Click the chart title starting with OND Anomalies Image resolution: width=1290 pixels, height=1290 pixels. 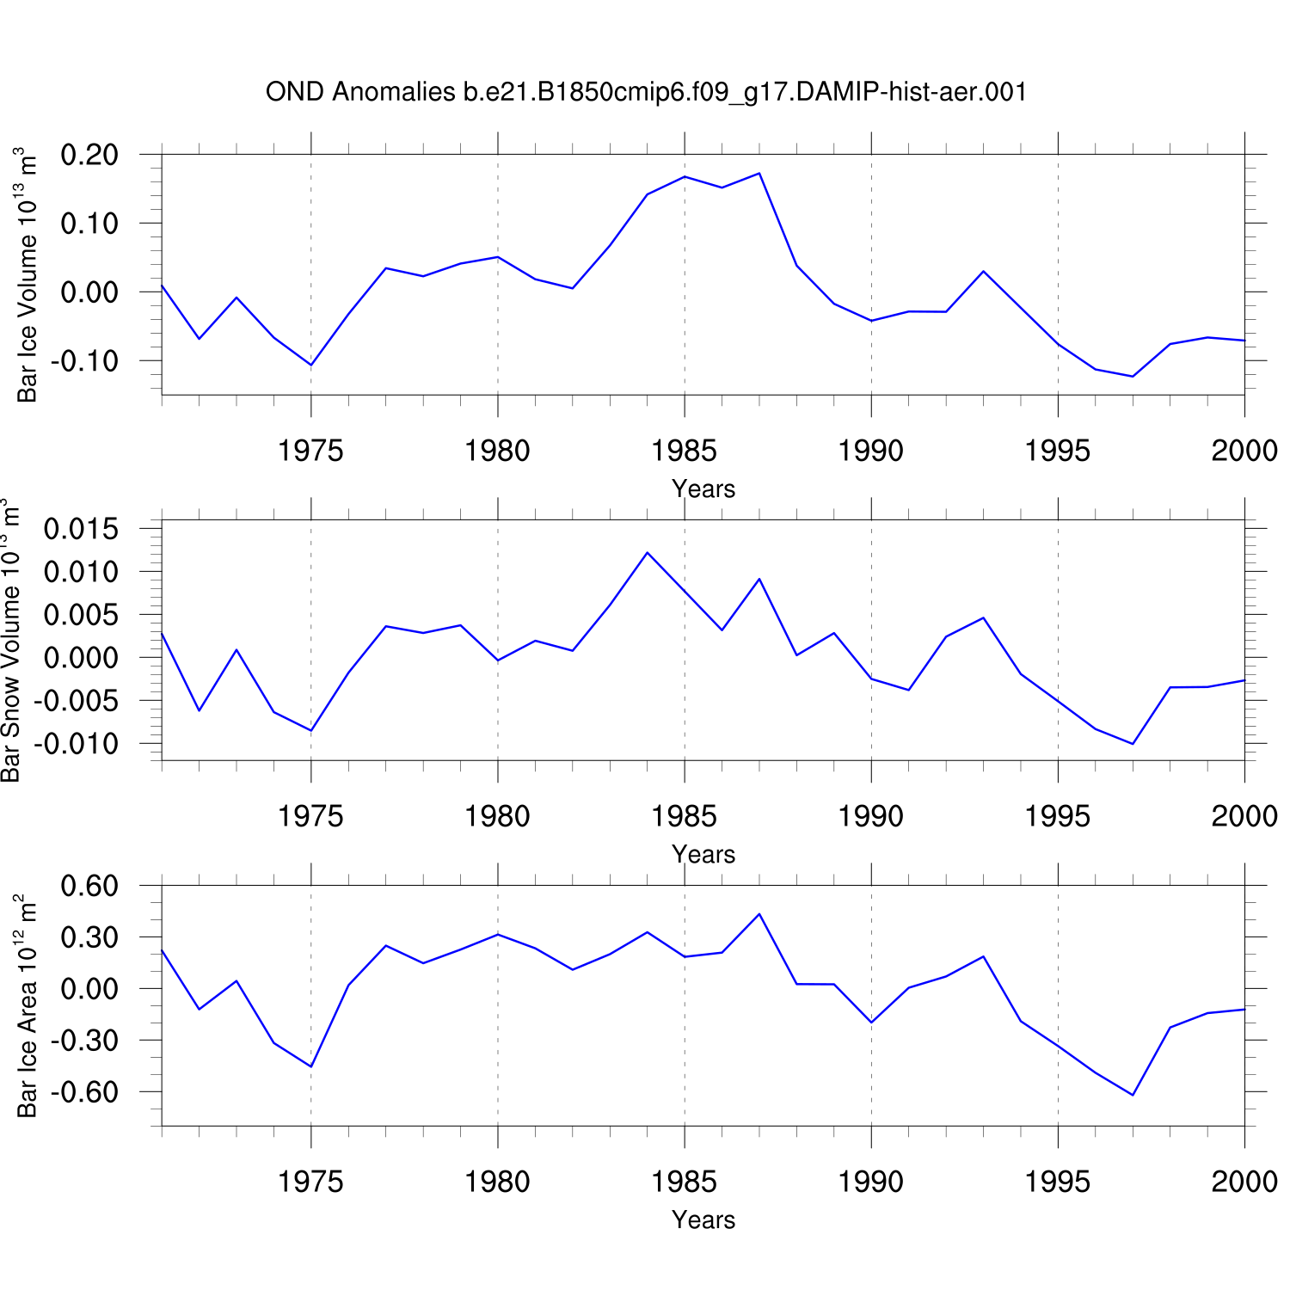coord(646,92)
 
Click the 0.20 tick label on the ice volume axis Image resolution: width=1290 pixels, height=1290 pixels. coord(89,155)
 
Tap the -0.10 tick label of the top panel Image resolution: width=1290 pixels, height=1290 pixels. coord(84,361)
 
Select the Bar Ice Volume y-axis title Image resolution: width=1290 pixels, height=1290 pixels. coord(28,275)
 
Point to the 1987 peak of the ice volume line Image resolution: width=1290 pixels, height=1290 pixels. coord(759,174)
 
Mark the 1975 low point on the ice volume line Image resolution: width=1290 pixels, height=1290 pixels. coord(311,365)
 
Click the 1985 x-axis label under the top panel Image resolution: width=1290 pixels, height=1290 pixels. coord(685,451)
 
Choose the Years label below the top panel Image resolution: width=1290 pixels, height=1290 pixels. coord(703,489)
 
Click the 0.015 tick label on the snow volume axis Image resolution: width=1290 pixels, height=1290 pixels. coord(81,529)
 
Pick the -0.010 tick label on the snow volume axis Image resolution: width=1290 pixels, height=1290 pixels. coord(76,744)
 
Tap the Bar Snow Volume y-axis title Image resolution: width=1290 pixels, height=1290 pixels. coord(10,641)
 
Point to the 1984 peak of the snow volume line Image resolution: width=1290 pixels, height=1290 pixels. coord(648,552)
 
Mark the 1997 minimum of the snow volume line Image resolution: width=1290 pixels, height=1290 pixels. coord(1133,744)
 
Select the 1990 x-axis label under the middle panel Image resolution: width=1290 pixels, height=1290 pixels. coord(871,816)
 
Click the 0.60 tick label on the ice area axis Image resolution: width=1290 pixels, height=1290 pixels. coord(89,886)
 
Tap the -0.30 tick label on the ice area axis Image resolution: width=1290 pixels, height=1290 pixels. coord(84,1041)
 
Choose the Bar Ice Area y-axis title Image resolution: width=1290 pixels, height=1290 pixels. coord(28,1006)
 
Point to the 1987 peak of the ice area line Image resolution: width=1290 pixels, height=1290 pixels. coord(759,914)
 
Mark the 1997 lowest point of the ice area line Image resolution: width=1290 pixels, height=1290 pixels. coord(1133,1095)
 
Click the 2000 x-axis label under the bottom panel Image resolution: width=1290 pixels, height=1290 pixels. coord(1244,1182)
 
